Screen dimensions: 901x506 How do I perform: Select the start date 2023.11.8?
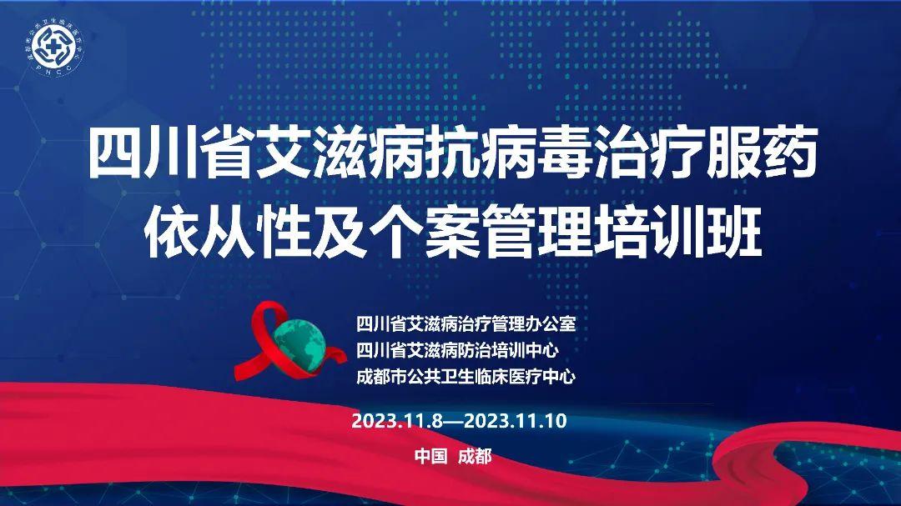pos(397,420)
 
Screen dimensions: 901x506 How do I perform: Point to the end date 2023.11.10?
pos(515,420)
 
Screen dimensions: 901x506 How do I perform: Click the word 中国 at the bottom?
pos(431,456)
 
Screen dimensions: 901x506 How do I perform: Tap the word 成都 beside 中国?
pos(475,456)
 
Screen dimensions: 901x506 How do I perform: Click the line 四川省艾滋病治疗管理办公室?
pos(466,323)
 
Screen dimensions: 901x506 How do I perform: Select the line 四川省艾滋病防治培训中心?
pos(457,350)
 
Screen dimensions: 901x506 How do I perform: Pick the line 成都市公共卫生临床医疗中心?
pos(466,376)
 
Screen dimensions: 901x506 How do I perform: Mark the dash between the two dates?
pos(453,421)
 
